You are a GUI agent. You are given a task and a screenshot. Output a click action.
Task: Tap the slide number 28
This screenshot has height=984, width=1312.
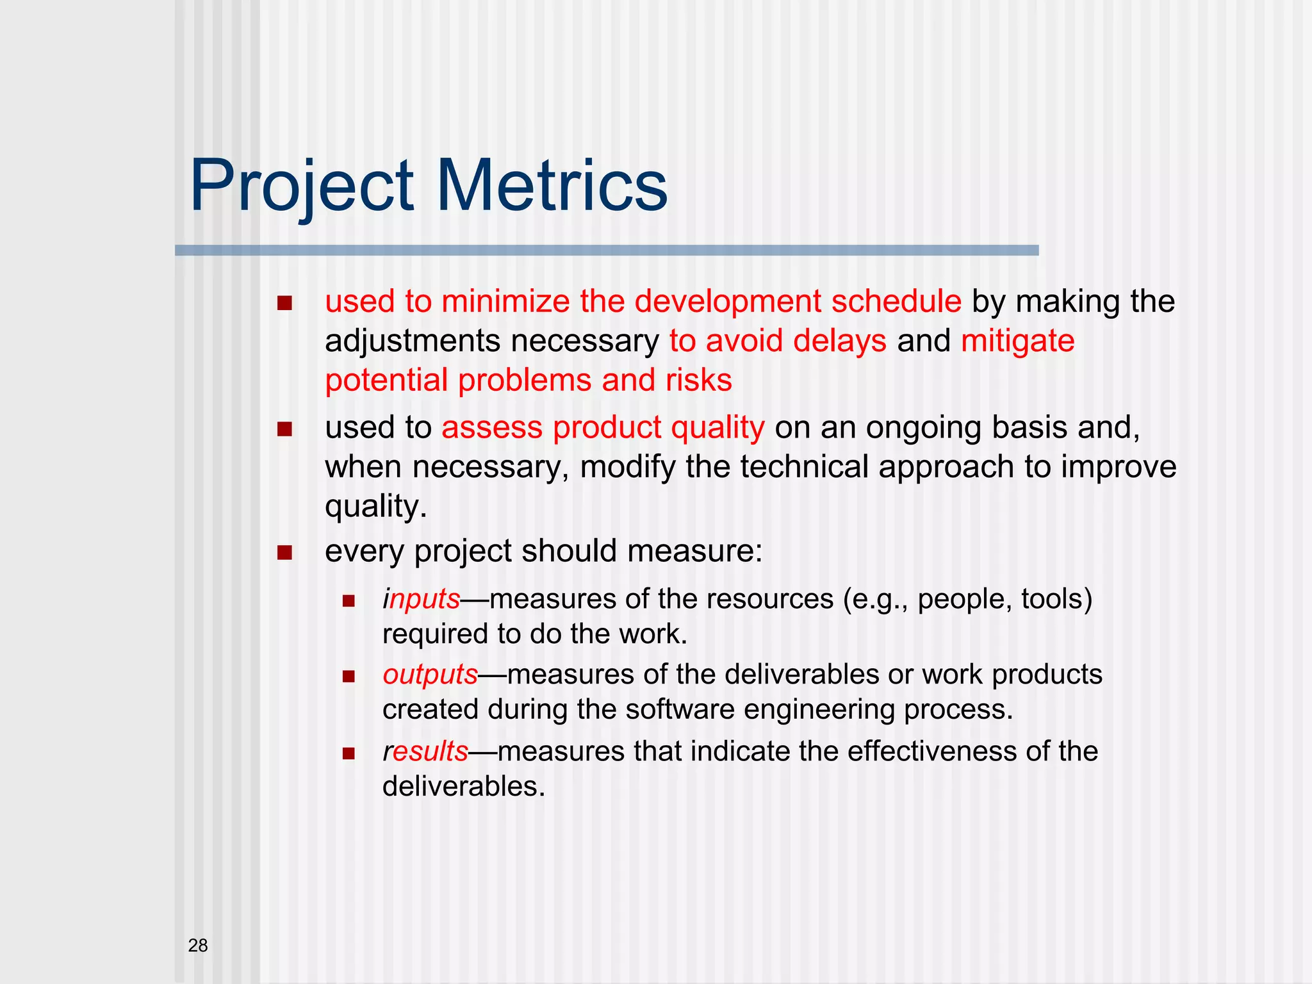[198, 946]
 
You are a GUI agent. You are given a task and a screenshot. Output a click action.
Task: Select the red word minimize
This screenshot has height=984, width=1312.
[505, 302]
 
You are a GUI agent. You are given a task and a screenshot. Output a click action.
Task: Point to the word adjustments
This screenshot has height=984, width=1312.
[413, 341]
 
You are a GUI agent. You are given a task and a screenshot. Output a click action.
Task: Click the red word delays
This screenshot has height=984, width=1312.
[839, 341]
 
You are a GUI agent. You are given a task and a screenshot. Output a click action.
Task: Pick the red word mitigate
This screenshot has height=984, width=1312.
[1017, 341]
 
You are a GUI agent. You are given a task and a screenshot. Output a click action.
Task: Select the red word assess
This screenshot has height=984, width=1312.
[491, 427]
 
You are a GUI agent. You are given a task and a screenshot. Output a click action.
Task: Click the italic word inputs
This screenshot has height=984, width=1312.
[422, 600]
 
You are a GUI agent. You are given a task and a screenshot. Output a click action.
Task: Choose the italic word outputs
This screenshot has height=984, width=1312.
[430, 675]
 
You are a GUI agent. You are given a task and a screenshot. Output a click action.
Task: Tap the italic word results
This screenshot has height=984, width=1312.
[425, 751]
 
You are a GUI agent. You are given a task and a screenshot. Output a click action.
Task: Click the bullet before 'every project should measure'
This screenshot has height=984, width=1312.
[284, 552]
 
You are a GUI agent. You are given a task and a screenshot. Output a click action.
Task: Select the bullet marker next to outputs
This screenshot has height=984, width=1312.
[348, 676]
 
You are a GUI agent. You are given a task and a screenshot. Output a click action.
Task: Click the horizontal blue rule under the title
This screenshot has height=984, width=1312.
[606, 250]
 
